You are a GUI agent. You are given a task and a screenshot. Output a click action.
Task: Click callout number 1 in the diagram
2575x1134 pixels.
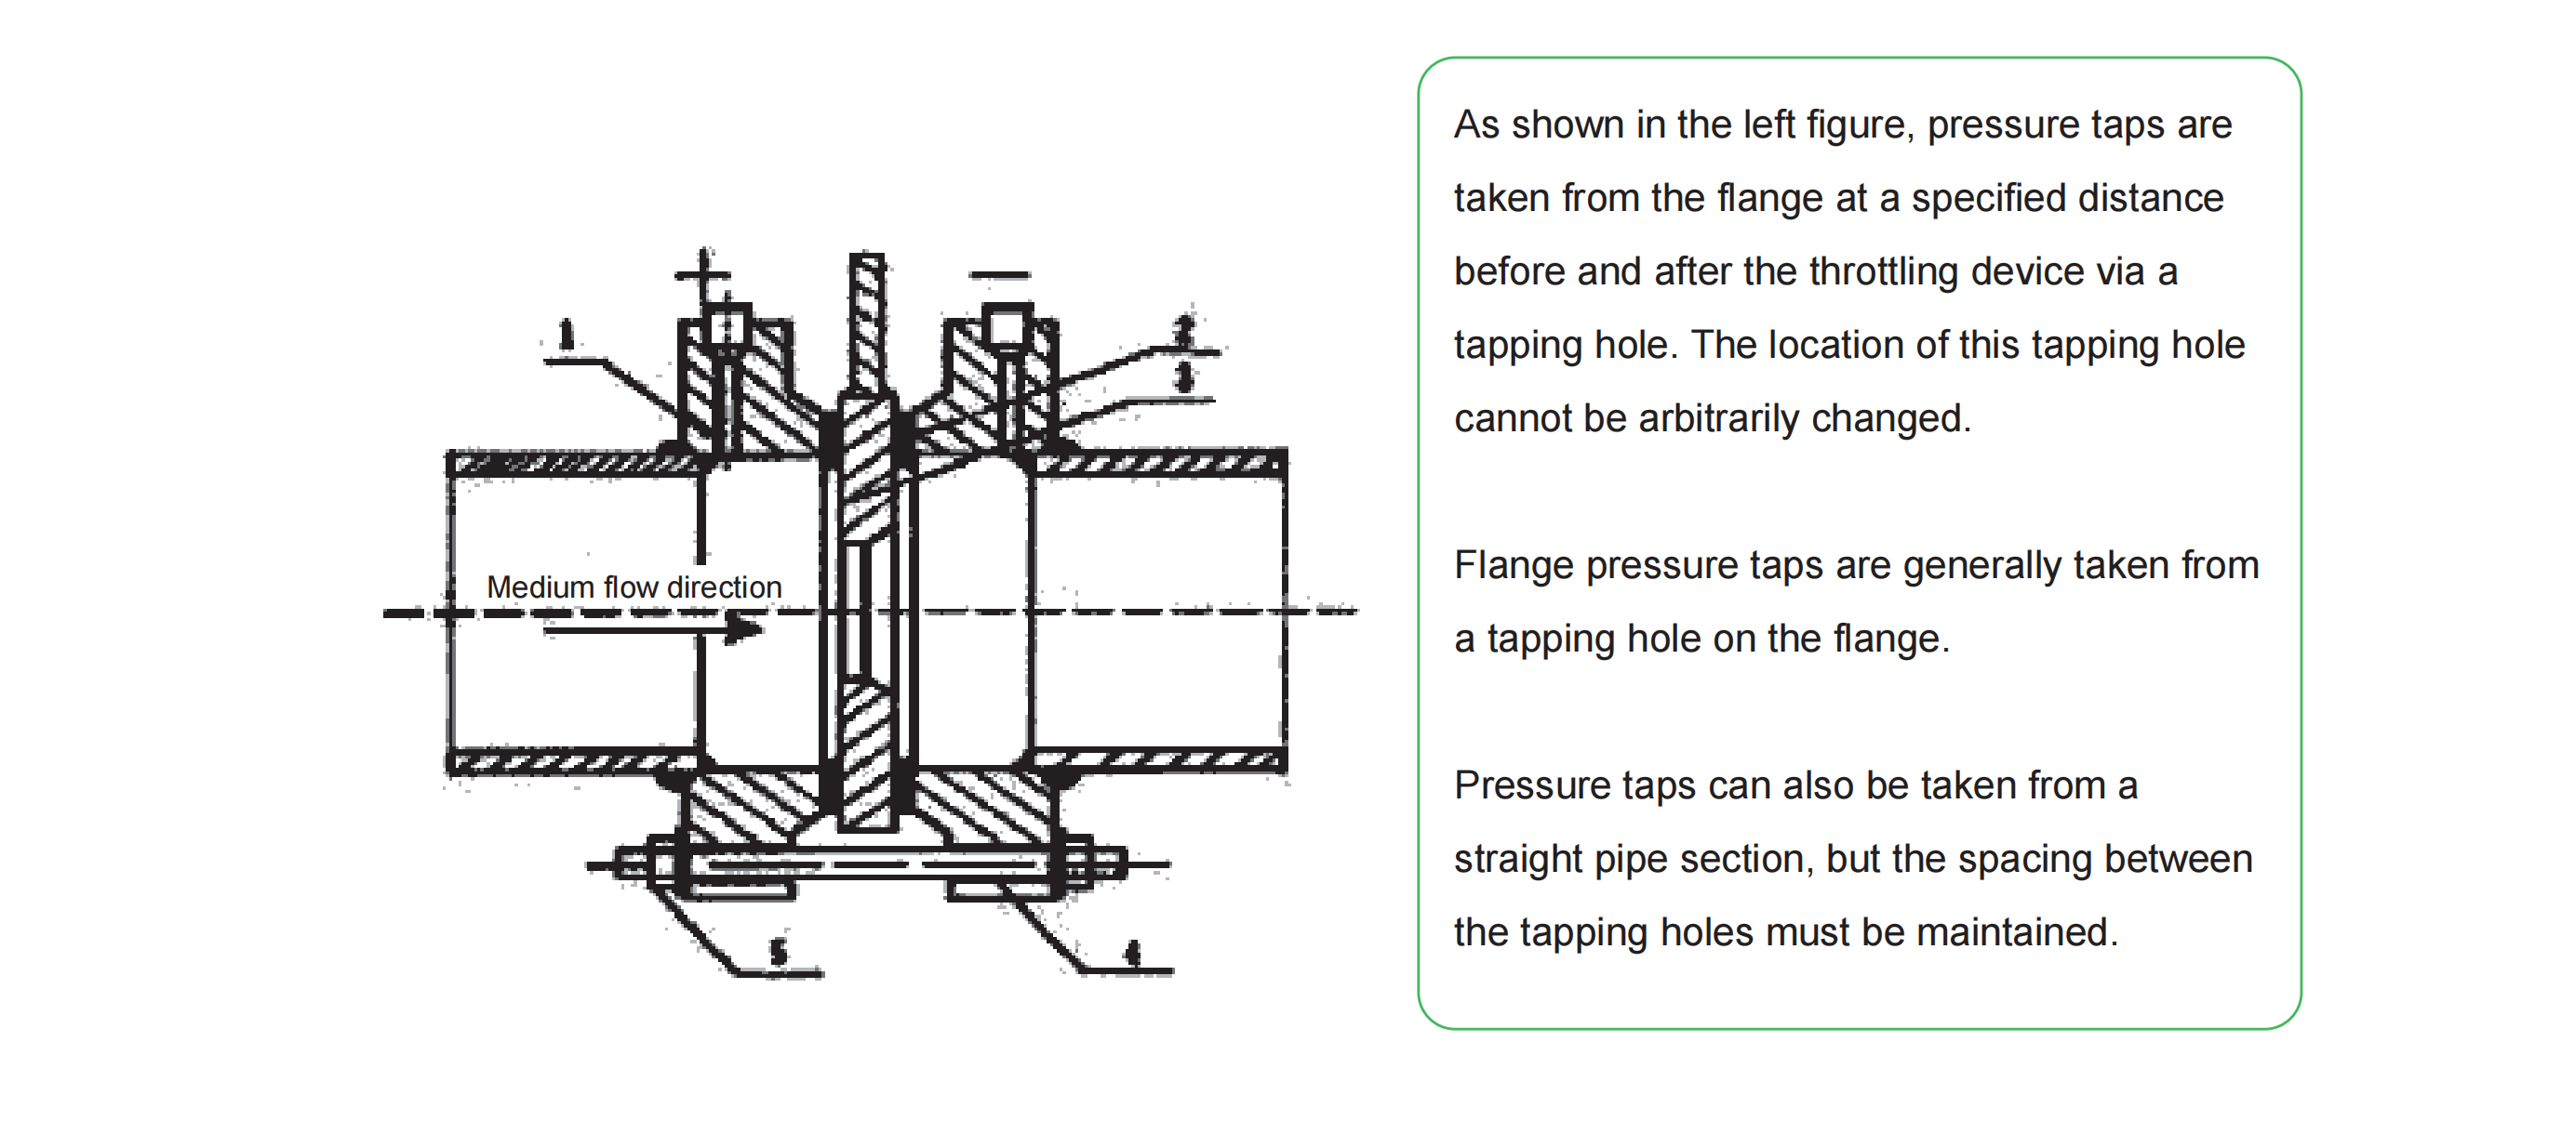(567, 334)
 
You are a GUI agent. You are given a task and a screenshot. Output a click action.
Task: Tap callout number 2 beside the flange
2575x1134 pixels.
(1184, 330)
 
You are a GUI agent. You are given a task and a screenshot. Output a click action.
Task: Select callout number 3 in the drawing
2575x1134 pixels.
(1184, 376)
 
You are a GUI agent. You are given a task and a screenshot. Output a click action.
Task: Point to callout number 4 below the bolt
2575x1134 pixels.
(1132, 953)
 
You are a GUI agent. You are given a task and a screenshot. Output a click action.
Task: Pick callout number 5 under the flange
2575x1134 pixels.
(779, 952)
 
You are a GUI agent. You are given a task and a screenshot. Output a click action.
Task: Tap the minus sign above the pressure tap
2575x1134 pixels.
(1000, 274)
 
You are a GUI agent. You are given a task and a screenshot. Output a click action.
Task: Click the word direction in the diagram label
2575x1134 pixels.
(725, 587)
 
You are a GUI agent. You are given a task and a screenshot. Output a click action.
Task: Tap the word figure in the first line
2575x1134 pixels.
(1861, 125)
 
